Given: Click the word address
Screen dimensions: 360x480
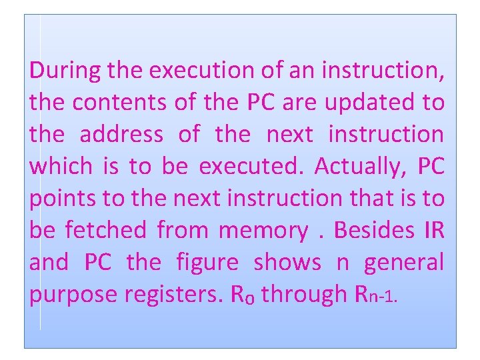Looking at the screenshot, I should click(x=121, y=134).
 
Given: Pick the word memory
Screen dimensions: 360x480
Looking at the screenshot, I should click(x=263, y=231).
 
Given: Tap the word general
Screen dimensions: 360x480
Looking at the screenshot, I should click(x=403, y=263).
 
